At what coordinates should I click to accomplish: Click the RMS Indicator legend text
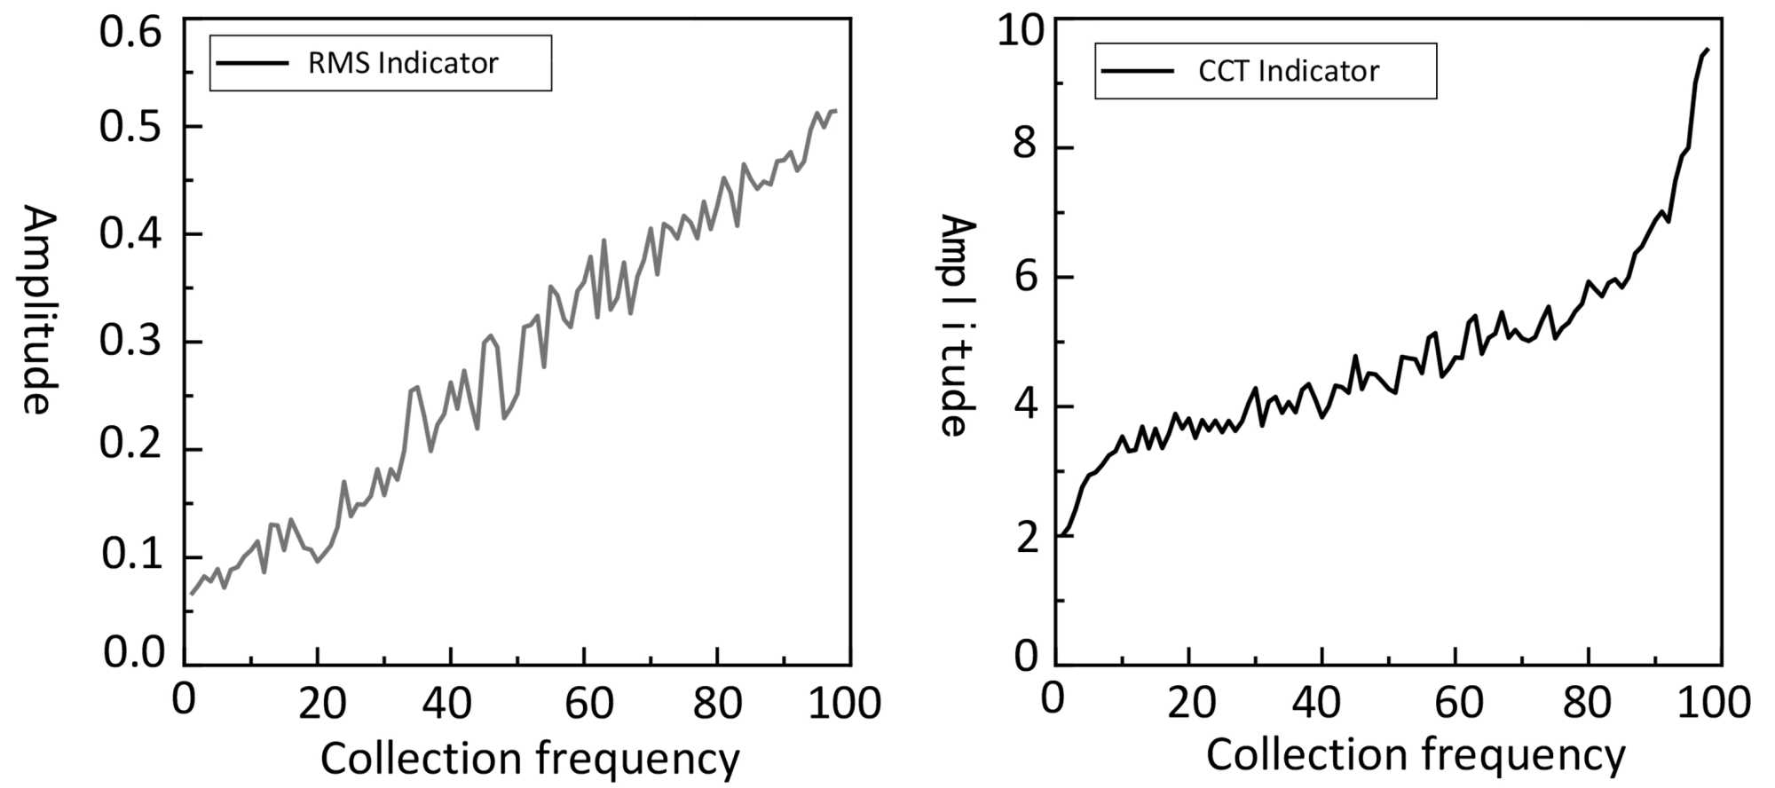[402, 63]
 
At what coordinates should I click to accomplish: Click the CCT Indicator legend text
[1288, 71]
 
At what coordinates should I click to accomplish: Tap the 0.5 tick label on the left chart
[130, 127]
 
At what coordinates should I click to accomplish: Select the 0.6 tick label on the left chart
[130, 32]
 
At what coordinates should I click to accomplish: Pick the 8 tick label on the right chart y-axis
[1025, 143]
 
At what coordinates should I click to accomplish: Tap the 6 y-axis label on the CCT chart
[1025, 277]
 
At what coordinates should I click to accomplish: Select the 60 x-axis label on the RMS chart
[588, 704]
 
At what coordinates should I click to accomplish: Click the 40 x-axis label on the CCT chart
[1316, 702]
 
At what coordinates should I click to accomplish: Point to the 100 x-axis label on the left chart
[844, 704]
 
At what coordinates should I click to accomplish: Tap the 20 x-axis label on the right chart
[1190, 702]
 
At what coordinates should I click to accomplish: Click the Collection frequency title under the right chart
[1415, 755]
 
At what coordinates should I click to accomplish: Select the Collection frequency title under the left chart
[529, 759]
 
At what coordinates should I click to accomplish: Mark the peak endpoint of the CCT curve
[1707, 50]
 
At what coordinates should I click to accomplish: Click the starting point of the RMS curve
[191, 594]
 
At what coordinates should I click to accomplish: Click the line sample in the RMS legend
[252, 63]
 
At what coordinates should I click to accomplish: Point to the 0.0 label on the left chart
[133, 653]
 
